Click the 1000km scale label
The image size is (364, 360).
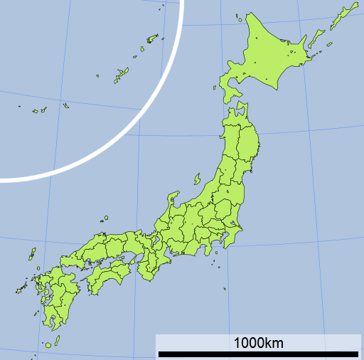click(259, 343)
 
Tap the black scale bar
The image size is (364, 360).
click(259, 354)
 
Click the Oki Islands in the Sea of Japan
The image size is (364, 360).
click(105, 218)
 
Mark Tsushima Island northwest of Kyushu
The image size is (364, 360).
click(32, 253)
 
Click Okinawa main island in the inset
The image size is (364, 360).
click(119, 74)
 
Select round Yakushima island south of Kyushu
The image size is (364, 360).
click(48, 345)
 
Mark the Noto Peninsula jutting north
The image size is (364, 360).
click(172, 199)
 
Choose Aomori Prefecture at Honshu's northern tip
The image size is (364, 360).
click(238, 121)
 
